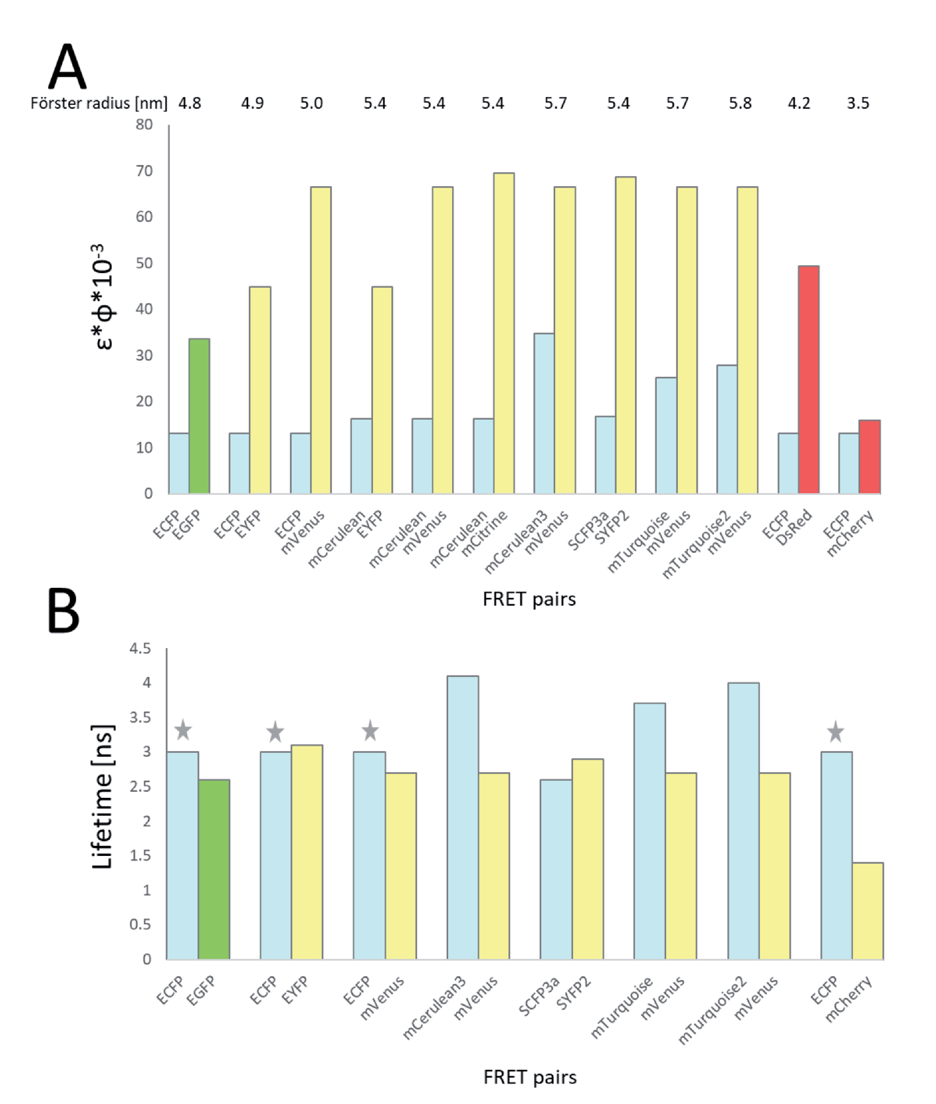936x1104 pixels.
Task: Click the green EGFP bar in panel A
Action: pos(199,416)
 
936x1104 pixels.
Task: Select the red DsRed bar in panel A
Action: pos(809,379)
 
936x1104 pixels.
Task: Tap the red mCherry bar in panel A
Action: pos(869,457)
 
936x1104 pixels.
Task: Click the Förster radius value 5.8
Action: pos(740,103)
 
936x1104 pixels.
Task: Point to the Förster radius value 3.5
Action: pos(858,103)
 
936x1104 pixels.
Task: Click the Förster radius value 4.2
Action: pos(799,103)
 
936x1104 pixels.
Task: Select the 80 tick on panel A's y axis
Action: pos(145,124)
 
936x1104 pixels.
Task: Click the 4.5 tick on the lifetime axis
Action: pos(140,649)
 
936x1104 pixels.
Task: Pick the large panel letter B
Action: pos(63,610)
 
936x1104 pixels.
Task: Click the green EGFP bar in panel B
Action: pos(214,869)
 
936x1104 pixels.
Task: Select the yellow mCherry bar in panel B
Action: pos(867,911)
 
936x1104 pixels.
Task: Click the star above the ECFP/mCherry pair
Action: pos(836,731)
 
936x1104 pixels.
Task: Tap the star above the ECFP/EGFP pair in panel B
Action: pos(183,730)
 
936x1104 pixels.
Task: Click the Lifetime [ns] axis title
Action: pos(102,797)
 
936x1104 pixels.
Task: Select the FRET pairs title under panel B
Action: pos(529,1077)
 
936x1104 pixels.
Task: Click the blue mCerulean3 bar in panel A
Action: pos(544,413)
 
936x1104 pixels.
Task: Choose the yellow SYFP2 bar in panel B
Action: pos(587,859)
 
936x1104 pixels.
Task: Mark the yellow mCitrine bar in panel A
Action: pos(504,333)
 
